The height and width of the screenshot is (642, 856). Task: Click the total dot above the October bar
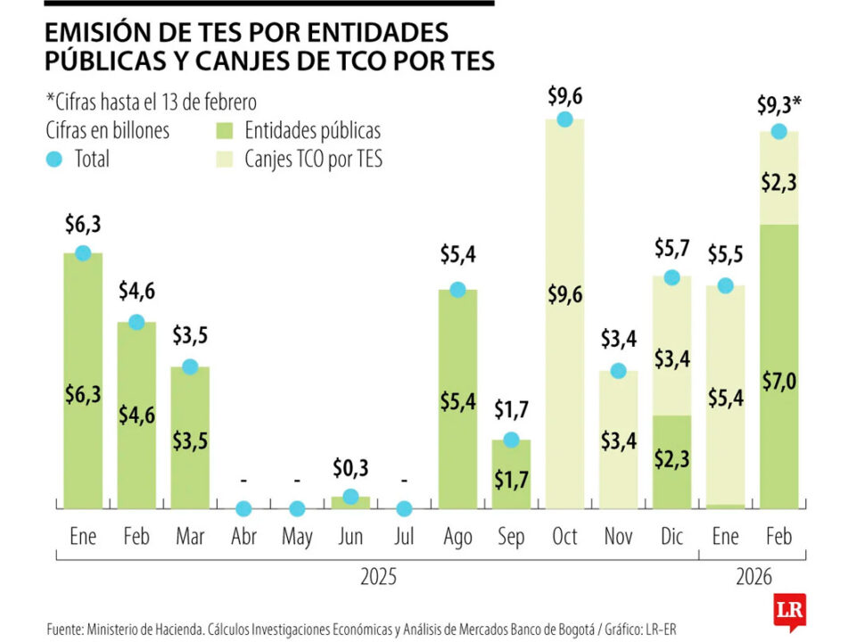(564, 119)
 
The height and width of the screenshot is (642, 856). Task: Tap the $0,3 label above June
(350, 466)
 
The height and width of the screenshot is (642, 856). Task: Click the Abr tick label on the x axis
(243, 537)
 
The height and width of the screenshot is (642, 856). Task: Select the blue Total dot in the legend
(55, 160)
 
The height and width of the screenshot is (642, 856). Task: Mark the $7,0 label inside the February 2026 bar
(778, 383)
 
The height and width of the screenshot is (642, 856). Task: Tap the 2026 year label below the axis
(753, 577)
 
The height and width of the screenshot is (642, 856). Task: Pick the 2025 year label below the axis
(378, 577)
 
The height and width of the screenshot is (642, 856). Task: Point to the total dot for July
(404, 509)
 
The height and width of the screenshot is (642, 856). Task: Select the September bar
(511, 473)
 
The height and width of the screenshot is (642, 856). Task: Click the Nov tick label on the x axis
(618, 537)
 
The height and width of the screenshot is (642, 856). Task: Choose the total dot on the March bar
(190, 366)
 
